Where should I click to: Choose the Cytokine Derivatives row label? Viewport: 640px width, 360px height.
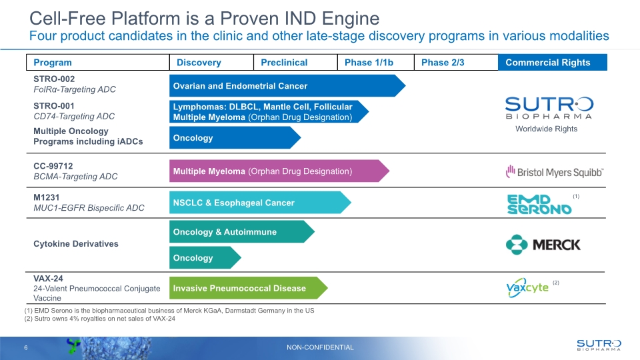click(x=76, y=244)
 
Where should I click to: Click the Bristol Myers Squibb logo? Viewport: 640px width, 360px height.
click(x=554, y=172)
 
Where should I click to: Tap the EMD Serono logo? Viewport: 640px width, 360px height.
click(x=539, y=203)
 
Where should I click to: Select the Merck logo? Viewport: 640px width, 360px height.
click(x=543, y=245)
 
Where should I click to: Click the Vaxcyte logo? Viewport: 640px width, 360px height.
click(x=527, y=287)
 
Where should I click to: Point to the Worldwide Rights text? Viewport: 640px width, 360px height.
click(x=546, y=129)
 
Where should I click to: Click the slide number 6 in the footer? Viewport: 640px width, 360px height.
click(x=26, y=347)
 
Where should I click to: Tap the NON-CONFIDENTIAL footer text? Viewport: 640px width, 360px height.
click(x=320, y=347)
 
